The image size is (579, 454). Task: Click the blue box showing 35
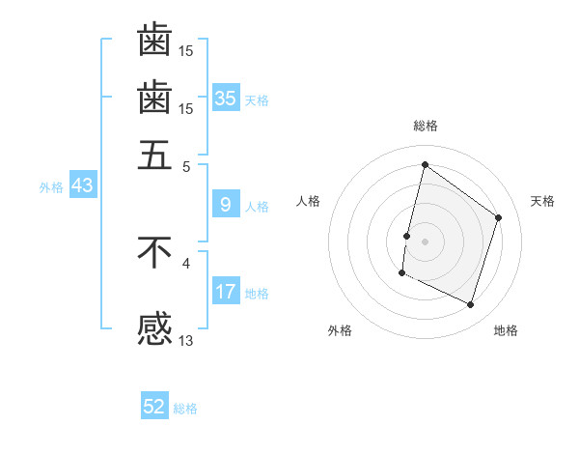click(225, 98)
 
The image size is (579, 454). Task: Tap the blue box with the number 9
click(225, 204)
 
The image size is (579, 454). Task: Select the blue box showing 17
click(225, 291)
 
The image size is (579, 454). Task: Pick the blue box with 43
click(82, 185)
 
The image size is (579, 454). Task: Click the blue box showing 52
click(154, 407)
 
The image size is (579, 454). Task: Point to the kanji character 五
click(154, 154)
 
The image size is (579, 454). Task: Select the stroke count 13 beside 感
click(186, 340)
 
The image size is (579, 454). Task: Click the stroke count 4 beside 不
click(186, 262)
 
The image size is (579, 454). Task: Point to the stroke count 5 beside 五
click(186, 165)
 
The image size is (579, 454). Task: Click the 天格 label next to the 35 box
click(257, 100)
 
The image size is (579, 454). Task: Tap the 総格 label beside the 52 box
click(185, 410)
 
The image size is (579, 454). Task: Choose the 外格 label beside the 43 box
click(50, 188)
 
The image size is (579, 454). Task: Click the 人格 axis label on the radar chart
click(308, 201)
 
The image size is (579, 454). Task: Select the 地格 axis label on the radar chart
click(506, 330)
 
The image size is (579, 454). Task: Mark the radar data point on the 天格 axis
click(499, 217)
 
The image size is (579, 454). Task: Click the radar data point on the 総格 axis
click(425, 164)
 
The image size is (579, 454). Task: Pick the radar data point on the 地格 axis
click(470, 305)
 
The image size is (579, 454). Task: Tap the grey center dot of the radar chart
click(425, 241)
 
